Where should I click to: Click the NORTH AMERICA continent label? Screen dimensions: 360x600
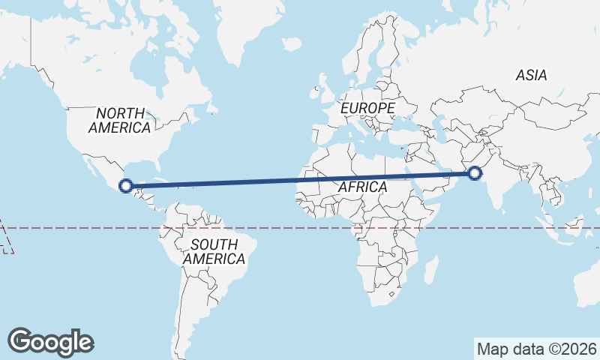119,120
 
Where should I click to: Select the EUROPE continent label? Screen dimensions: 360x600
367,109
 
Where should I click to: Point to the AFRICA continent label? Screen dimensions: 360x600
362,186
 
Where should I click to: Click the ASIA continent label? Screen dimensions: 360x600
531,75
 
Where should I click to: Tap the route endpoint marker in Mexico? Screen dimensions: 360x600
127,185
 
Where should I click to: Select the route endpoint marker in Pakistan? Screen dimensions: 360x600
475,174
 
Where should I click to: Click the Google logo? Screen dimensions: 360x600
50,342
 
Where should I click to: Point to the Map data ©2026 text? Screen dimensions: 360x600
537,349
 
